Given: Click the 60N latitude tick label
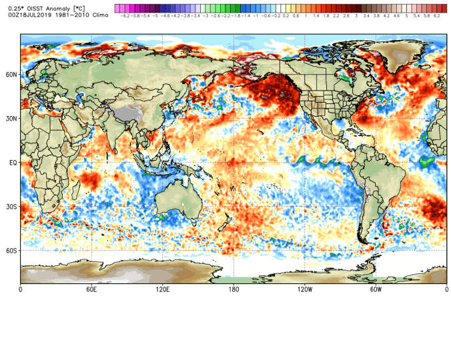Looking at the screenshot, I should (x=11, y=75).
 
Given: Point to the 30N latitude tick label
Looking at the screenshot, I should (x=11, y=119).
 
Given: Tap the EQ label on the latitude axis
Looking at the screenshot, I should (x=13, y=162).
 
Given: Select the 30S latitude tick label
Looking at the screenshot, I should (x=11, y=207).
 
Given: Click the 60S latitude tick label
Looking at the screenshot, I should (x=11, y=251).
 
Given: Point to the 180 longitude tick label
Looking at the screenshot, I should (x=234, y=290).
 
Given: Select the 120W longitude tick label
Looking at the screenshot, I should (x=304, y=290).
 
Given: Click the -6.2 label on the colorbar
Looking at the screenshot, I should (x=123, y=14).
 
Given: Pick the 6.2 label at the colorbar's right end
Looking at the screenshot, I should (x=436, y=14).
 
